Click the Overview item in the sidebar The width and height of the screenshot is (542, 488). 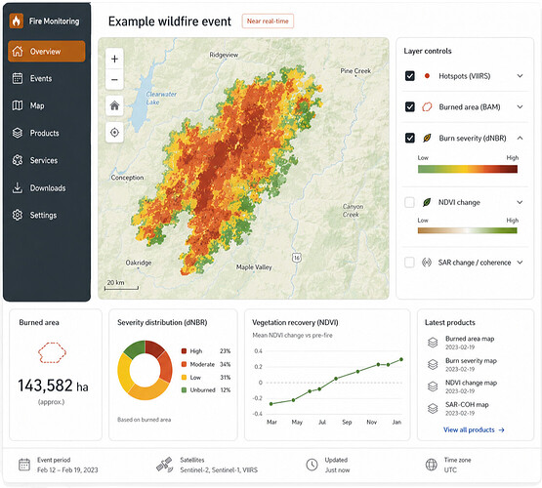pos(46,52)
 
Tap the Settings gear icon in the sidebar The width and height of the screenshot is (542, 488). pos(18,215)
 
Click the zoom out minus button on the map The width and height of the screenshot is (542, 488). pos(114,80)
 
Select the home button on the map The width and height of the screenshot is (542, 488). pos(114,105)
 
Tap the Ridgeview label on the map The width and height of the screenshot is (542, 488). pos(224,55)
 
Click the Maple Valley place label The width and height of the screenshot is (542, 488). pos(254,267)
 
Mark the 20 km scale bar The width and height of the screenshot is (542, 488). pos(121,288)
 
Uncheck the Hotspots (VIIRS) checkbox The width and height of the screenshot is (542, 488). pos(409,75)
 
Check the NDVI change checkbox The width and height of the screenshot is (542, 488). pos(409,202)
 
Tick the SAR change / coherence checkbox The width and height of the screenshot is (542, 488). pos(409,263)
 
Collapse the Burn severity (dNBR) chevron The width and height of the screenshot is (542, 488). pos(520,138)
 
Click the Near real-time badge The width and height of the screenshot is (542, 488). pos(268,21)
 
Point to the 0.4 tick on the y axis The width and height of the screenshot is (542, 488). pos(258,351)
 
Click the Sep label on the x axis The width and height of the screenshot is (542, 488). pos(347,422)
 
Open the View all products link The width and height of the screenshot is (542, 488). pos(474,429)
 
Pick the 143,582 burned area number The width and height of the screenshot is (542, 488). pos(45,386)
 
